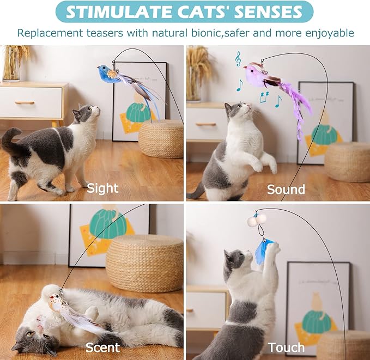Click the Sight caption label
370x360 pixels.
[102, 188]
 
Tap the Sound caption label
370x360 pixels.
[286, 189]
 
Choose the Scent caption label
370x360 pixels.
[102, 347]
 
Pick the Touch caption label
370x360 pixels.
[286, 347]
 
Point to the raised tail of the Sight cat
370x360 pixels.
[11, 139]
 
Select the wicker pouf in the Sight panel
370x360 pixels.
[161, 138]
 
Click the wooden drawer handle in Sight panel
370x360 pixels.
[24, 102]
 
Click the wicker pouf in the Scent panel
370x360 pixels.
[144, 264]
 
